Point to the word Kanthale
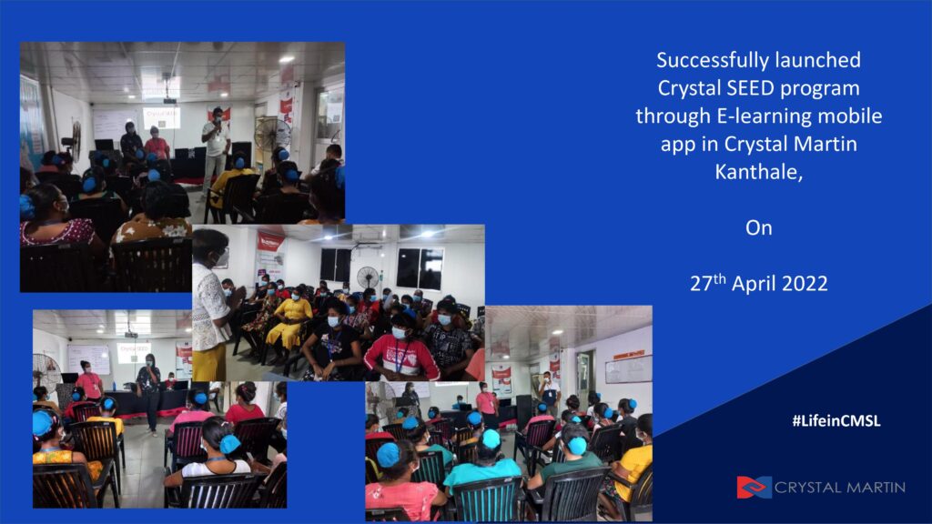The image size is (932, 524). pos(758,172)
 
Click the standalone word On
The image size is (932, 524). pos(759,228)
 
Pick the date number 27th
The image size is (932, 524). pos(708,283)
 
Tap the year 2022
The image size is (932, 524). pos(804,284)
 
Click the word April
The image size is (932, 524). pos(753,284)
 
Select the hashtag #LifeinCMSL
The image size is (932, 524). pos(836,420)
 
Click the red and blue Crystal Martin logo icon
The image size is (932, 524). pos(755,488)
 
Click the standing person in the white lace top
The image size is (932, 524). pos(210,304)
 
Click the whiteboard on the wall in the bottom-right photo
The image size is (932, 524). pos(629,368)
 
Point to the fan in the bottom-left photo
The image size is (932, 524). pos(46,372)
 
